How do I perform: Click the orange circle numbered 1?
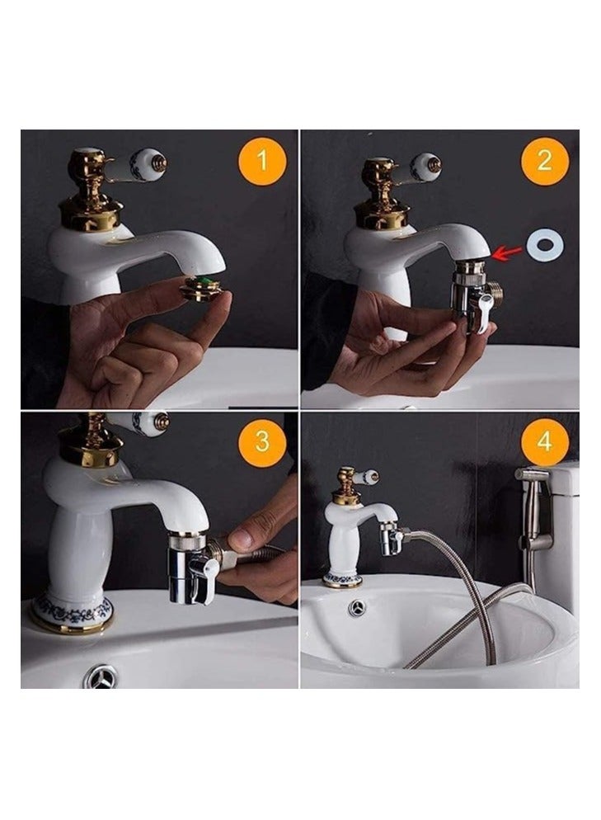pyautogui.click(x=262, y=160)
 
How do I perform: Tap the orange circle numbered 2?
pyautogui.click(x=544, y=160)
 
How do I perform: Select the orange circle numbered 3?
pyautogui.click(x=262, y=442)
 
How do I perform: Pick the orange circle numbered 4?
pyautogui.click(x=544, y=442)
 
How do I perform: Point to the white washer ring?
pyautogui.click(x=545, y=245)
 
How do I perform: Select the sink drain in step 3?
pyautogui.click(x=101, y=676)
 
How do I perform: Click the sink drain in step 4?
pyautogui.click(x=358, y=607)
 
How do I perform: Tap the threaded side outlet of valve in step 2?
pyautogui.click(x=495, y=290)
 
